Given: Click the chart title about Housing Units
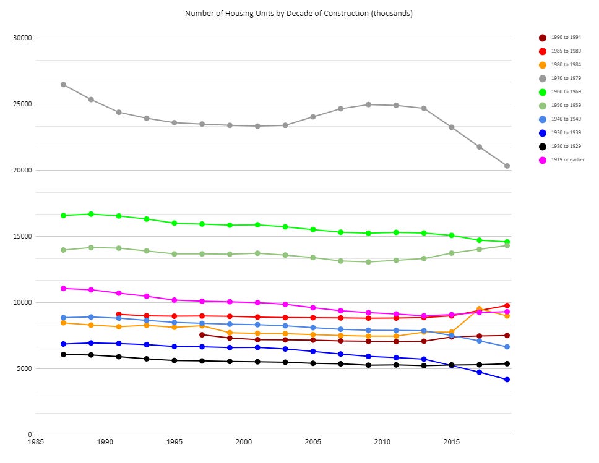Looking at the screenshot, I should pyautogui.click(x=299, y=13).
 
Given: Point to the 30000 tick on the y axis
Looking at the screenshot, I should pyautogui.click(x=22, y=38).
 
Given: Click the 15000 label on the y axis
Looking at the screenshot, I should pyautogui.click(x=22, y=236).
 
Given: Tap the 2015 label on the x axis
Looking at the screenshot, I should pyautogui.click(x=452, y=443).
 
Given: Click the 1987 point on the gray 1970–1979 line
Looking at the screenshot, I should pyautogui.click(x=63, y=85).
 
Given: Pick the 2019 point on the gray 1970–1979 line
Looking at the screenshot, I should pyautogui.click(x=507, y=166).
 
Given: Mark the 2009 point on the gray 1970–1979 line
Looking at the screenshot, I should pyautogui.click(x=368, y=104).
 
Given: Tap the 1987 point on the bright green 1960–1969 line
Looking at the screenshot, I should pyautogui.click(x=63, y=215).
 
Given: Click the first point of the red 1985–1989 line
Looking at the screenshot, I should pyautogui.click(x=119, y=314).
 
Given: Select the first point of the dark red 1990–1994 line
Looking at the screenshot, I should pyautogui.click(x=202, y=334).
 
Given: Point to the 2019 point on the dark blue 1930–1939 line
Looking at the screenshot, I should pyautogui.click(x=507, y=380).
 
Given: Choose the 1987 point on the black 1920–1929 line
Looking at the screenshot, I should pyautogui.click(x=63, y=354).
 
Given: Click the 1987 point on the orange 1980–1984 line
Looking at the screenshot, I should pyautogui.click(x=63, y=323).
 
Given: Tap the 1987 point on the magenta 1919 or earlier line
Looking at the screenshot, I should pyautogui.click(x=63, y=288).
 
